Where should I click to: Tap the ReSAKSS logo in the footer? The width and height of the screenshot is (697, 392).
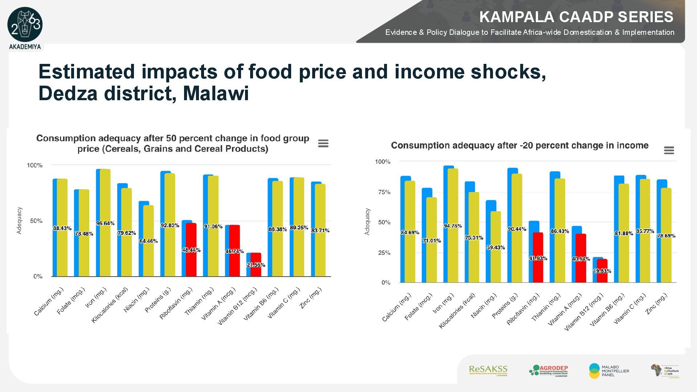pyautogui.click(x=488, y=371)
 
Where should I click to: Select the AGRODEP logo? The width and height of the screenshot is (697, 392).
pyautogui.click(x=549, y=371)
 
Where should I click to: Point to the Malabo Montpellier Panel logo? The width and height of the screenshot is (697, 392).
pyautogui.click(x=609, y=371)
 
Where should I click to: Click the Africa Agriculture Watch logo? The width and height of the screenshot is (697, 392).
pyautogui.click(x=665, y=371)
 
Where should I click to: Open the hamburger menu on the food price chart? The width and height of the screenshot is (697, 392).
pyautogui.click(x=323, y=144)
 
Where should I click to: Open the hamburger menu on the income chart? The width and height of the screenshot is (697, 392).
pyautogui.click(x=669, y=150)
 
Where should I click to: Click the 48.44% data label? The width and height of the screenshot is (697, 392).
pyautogui.click(x=191, y=250)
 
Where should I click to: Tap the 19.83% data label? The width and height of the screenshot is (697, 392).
pyautogui.click(x=602, y=271)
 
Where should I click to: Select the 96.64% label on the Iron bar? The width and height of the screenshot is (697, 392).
pyautogui.click(x=105, y=224)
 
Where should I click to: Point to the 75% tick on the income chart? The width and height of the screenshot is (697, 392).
pyautogui.click(x=384, y=192)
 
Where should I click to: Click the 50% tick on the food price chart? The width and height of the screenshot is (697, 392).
pyautogui.click(x=36, y=221)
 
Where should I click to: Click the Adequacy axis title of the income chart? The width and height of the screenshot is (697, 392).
pyautogui.click(x=367, y=221)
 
